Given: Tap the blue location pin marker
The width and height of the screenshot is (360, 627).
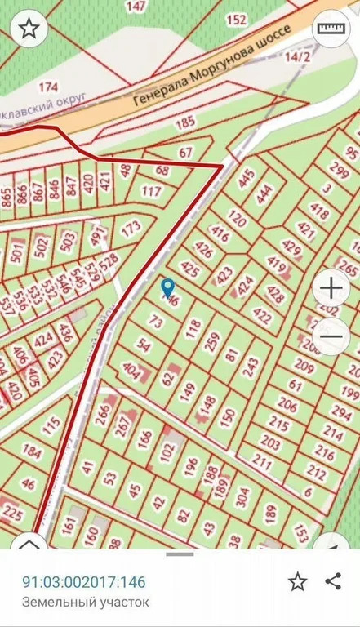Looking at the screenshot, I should click(x=168, y=288).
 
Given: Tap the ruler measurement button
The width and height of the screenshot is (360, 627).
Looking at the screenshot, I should click(x=331, y=29).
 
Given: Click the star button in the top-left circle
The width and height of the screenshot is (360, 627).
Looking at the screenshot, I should click(x=29, y=29).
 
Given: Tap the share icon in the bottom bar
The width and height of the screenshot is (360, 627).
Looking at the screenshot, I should click(x=332, y=581).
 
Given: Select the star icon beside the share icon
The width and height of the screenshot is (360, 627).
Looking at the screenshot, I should click(x=298, y=581).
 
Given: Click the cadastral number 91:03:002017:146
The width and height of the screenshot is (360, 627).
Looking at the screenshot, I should click(x=83, y=582).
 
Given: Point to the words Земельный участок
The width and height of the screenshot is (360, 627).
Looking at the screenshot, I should click(x=86, y=603).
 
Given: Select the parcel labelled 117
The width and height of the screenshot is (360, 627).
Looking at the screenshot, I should click(x=151, y=192).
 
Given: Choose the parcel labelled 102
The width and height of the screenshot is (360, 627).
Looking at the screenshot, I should click(x=167, y=448).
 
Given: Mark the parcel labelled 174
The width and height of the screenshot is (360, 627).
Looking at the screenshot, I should click(x=49, y=87).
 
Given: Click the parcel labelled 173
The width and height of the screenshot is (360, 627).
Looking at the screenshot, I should click(x=131, y=229).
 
